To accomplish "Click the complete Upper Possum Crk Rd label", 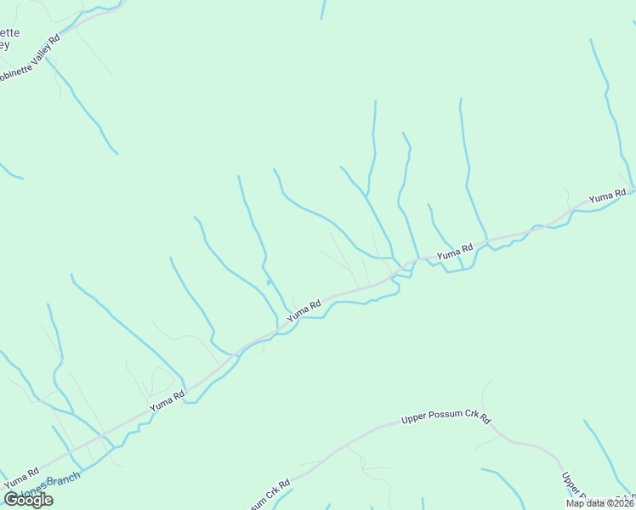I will point(446,419).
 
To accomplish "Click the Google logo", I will point(29,499).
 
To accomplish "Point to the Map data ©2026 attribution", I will point(600,502).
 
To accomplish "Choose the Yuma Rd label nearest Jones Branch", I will point(22,478).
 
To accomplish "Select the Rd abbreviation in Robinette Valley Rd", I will point(54,39).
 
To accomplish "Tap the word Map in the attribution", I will point(576,502).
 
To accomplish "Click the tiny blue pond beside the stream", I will point(269,281).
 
